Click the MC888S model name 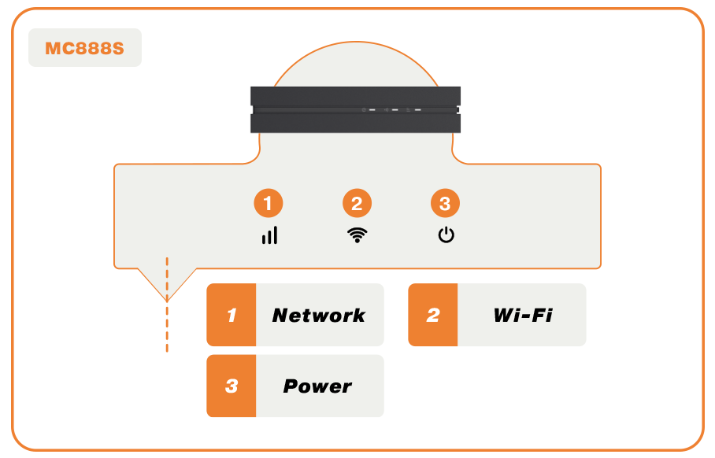point(84,48)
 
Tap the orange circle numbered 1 point(268,204)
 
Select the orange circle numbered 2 point(357,204)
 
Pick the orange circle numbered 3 point(445,204)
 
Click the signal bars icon point(269,235)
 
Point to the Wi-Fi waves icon point(357,235)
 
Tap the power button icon point(446,235)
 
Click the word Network point(318,316)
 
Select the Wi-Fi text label point(522,316)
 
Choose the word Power point(317,386)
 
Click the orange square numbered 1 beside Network point(232,316)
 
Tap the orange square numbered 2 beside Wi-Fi point(433,316)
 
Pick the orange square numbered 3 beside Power point(232,386)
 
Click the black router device point(354,109)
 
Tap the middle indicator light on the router point(395,110)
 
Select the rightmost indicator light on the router point(417,110)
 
